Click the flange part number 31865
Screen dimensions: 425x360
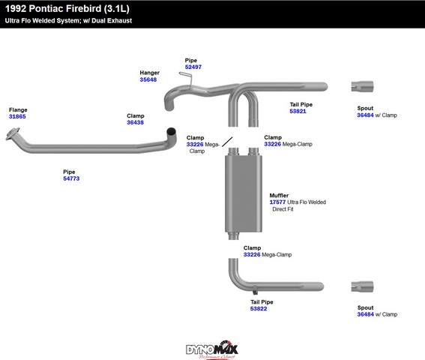(x=17, y=117)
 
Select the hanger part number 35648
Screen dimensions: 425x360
(x=148, y=79)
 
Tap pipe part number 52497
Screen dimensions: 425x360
(x=193, y=67)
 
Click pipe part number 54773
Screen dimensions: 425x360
(x=71, y=178)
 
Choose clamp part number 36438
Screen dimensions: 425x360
(x=135, y=122)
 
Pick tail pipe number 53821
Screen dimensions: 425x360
(x=298, y=111)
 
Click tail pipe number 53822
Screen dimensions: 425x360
(x=259, y=309)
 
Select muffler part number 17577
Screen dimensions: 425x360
(x=277, y=202)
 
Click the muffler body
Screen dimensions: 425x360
(x=244, y=193)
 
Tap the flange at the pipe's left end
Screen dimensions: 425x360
(x=13, y=133)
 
